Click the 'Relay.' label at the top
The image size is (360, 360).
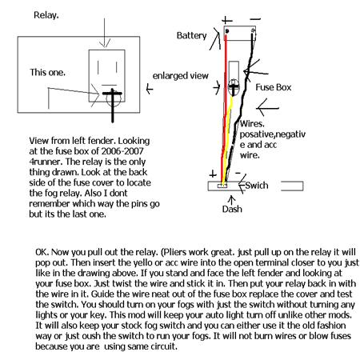(x=46, y=15)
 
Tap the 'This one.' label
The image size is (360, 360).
(x=47, y=72)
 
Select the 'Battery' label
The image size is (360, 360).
(x=191, y=35)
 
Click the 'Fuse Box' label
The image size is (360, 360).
(x=274, y=87)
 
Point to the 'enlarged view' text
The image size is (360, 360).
(x=180, y=76)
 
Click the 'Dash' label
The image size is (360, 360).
(x=232, y=209)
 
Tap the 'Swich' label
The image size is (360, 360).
(x=257, y=186)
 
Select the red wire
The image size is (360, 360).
(x=225, y=106)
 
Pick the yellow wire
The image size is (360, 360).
(x=228, y=138)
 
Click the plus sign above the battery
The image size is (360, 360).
(x=227, y=20)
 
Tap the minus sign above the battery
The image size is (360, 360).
(x=255, y=19)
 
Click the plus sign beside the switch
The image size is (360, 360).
(x=213, y=174)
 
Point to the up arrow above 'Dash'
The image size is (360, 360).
(x=231, y=200)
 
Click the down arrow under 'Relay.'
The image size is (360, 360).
(x=105, y=33)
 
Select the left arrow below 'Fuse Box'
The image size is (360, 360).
(x=267, y=108)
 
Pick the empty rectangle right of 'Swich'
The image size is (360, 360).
(x=292, y=186)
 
